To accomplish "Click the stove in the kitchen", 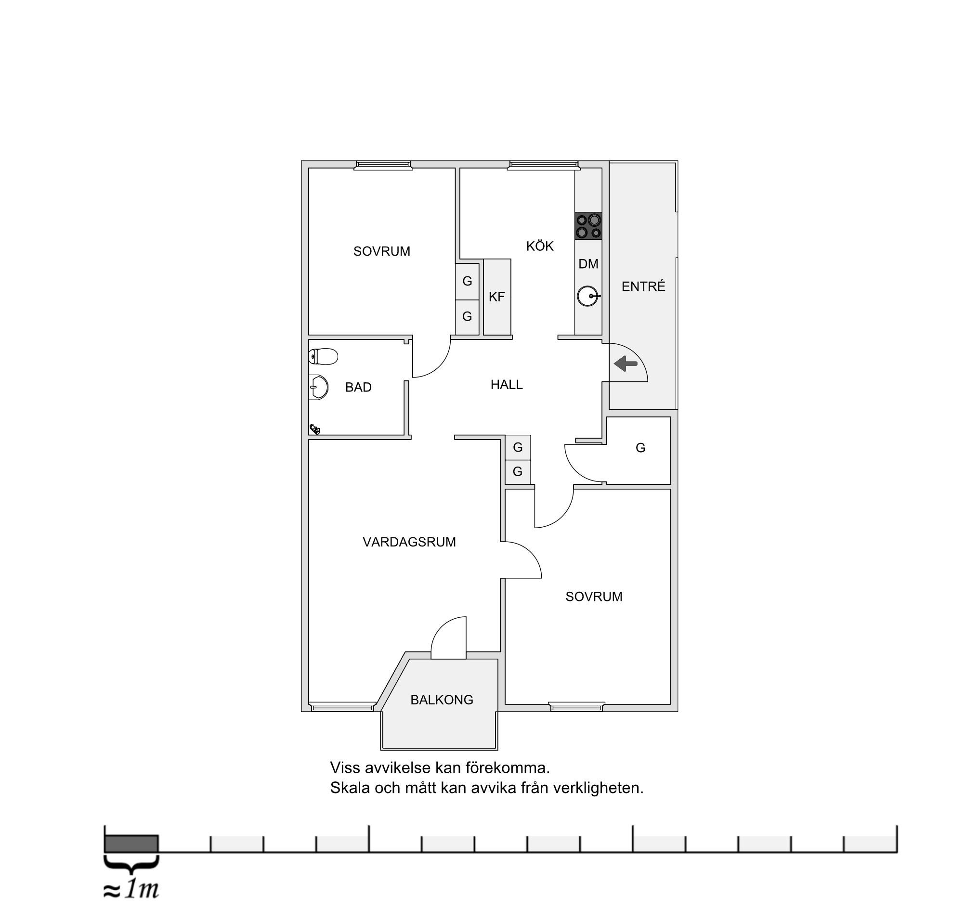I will pyautogui.click(x=588, y=226).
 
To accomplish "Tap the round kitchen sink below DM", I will pyautogui.click(x=588, y=297).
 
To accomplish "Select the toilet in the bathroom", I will pyautogui.click(x=323, y=357).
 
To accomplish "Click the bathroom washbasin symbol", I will pyautogui.click(x=319, y=387).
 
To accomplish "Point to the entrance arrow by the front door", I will pyautogui.click(x=626, y=364).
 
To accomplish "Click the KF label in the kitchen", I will pyautogui.click(x=496, y=297).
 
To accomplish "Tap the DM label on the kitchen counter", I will pyautogui.click(x=588, y=264).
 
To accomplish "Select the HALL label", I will pyautogui.click(x=506, y=385).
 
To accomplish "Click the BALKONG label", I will pyautogui.click(x=441, y=700).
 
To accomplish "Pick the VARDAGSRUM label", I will pyautogui.click(x=409, y=542).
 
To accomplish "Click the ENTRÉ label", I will pyautogui.click(x=643, y=286).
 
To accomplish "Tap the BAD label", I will pyautogui.click(x=358, y=388).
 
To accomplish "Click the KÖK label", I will pyautogui.click(x=540, y=246).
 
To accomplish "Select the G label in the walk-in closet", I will pyautogui.click(x=640, y=448).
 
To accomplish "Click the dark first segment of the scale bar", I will pyautogui.click(x=131, y=844).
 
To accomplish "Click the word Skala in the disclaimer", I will pyautogui.click(x=350, y=788).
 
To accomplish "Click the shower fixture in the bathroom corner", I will pyautogui.click(x=315, y=429).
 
